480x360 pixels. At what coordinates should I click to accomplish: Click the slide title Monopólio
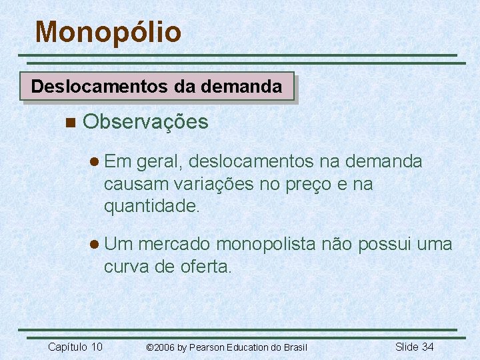(108, 32)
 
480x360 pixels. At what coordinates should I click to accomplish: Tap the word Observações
(146, 122)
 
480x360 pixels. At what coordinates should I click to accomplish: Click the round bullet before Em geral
(95, 162)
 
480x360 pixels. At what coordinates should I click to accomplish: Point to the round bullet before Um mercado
(95, 245)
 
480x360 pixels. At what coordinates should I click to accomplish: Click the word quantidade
(151, 207)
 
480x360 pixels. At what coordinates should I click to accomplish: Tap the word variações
(213, 185)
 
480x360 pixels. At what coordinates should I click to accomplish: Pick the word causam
(135, 185)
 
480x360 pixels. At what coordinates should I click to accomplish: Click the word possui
(378, 245)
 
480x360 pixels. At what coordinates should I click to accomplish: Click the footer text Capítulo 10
(75, 346)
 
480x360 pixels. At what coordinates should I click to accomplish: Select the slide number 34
(427, 346)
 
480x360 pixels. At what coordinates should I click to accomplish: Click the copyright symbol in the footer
(150, 347)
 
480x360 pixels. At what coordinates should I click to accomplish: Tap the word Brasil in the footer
(294, 347)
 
